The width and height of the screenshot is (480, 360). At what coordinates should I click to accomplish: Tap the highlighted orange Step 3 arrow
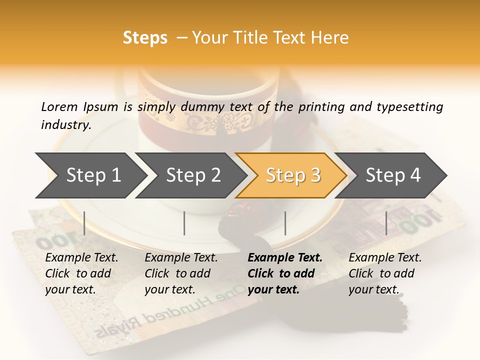tap(292, 175)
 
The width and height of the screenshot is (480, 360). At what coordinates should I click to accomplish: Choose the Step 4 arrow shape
tap(392, 175)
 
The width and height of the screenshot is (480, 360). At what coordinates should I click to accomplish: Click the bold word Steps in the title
tap(145, 38)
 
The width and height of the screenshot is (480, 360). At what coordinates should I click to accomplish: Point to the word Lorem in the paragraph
tap(59, 106)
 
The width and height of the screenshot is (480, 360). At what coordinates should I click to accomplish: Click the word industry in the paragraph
tap(66, 125)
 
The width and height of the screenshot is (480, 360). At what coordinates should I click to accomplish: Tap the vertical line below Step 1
tap(84, 223)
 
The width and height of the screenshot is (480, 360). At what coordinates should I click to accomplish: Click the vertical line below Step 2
tap(184, 223)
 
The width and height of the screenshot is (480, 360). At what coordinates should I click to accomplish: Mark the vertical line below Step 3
tap(285, 223)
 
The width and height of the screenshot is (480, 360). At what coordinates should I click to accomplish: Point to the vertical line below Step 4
tap(386, 223)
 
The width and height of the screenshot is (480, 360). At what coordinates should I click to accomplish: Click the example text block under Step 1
tap(81, 273)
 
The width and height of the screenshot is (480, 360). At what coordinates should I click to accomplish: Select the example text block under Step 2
tap(181, 273)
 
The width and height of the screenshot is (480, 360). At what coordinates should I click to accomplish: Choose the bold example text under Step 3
tap(285, 273)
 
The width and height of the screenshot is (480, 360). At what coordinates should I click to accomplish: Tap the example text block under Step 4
tap(385, 273)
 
